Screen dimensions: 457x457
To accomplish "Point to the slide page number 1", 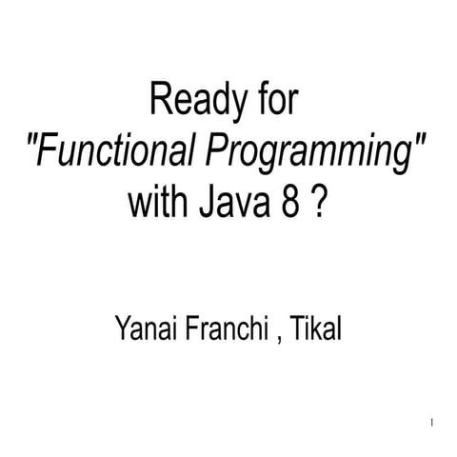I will pyautogui.click(x=433, y=421).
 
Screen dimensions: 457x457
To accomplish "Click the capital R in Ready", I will pyautogui.click(x=159, y=100).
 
